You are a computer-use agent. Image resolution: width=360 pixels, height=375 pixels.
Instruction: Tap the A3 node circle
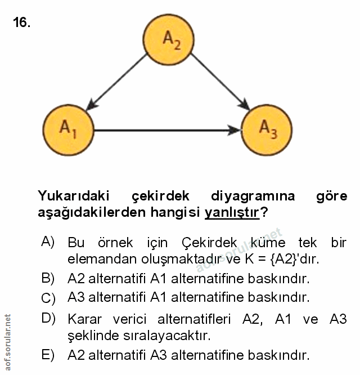(268, 130)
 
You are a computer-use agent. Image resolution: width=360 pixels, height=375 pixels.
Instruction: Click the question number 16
(21, 23)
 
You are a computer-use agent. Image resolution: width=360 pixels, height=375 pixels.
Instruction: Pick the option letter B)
(48, 278)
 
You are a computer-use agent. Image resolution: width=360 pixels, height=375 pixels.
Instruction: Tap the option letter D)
(48, 318)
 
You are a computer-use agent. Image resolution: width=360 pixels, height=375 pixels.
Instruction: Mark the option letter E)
(48, 355)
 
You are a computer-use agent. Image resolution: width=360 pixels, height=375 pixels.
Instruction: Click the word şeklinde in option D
(91, 336)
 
